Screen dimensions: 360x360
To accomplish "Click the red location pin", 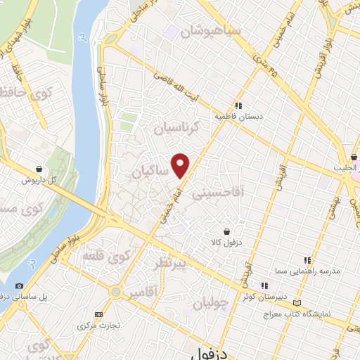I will (181, 165).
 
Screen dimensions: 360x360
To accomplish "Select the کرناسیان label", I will (176, 128).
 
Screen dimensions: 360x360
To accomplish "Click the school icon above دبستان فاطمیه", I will (239, 105).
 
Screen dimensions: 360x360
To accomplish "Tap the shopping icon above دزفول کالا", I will (226, 231).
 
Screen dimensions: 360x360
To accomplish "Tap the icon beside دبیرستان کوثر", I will (264, 286).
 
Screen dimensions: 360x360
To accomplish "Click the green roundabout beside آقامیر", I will (114, 291).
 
